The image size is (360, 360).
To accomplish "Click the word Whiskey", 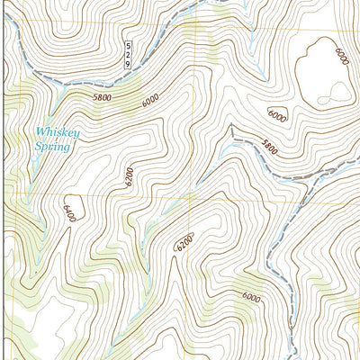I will point(57,132).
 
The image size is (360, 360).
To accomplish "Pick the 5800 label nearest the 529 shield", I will point(104,95).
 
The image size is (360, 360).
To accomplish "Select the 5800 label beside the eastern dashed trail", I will point(266,145).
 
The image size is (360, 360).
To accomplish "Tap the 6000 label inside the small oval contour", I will point(276,116).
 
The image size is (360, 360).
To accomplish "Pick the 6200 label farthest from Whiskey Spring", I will point(184,241).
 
